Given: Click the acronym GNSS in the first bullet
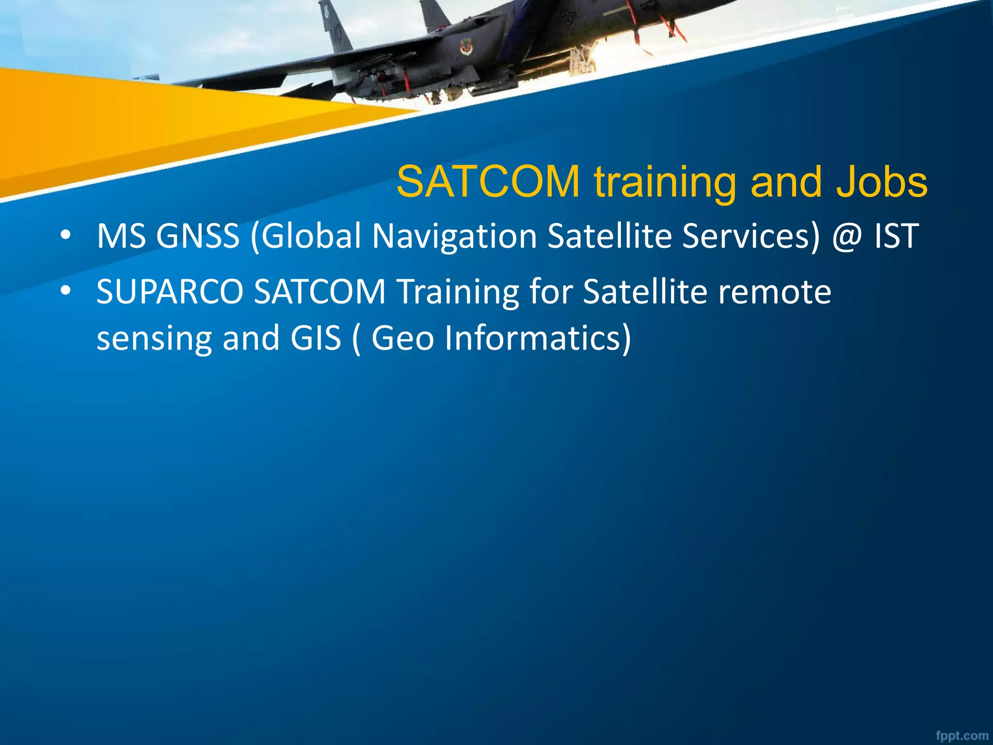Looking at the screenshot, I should point(198,236).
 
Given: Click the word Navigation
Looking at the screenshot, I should point(454,236).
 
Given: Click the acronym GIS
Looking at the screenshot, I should point(316,338).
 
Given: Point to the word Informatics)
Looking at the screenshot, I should point(538,338).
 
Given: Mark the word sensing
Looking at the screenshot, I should point(154,339).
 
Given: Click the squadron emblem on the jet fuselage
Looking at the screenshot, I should point(466,48).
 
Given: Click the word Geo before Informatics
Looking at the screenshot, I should point(402,338).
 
